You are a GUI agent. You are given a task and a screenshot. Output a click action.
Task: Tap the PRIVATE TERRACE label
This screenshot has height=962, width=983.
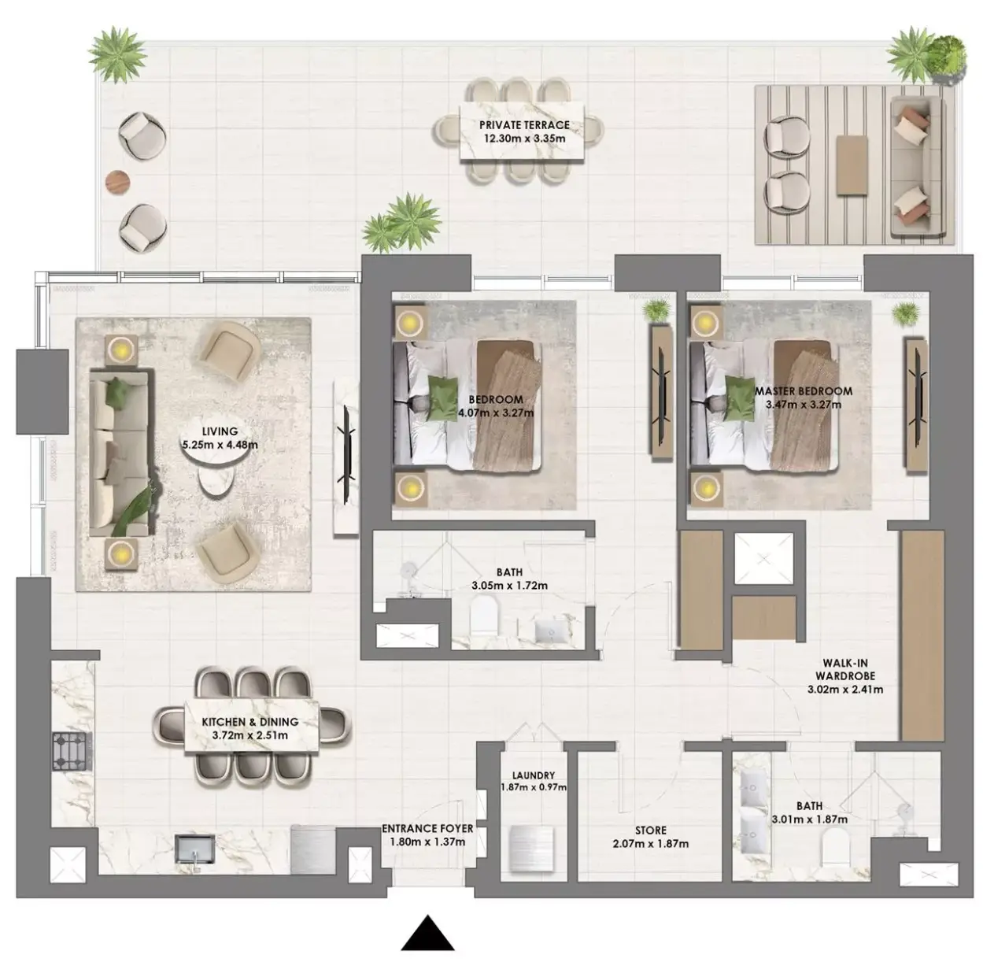[x=524, y=125]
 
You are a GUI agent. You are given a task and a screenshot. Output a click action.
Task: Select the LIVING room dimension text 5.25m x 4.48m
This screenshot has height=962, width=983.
[x=220, y=445]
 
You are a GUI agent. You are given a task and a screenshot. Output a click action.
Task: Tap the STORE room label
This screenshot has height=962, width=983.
[x=651, y=830]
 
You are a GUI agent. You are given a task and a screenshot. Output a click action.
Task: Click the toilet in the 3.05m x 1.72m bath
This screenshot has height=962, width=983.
[x=483, y=614]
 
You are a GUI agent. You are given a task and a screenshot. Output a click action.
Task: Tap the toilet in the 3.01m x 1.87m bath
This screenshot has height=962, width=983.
[x=837, y=848]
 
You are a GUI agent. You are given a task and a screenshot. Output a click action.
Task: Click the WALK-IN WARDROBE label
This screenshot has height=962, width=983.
[x=845, y=669]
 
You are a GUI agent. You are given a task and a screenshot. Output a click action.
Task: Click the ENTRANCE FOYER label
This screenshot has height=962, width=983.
[x=427, y=829]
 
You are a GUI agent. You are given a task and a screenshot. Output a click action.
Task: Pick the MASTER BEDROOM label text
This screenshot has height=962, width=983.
[x=804, y=391]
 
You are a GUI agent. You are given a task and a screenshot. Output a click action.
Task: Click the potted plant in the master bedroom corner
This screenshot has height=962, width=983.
[x=905, y=314]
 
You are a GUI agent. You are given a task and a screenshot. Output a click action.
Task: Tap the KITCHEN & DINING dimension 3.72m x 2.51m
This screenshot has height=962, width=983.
[x=250, y=735]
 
